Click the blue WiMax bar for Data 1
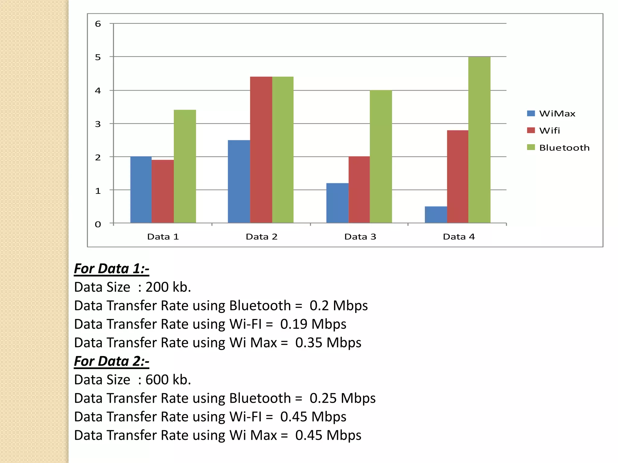click(141, 190)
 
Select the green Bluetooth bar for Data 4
click(479, 140)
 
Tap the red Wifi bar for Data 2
click(261, 150)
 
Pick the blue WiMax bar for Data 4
click(436, 215)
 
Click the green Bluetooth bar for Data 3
click(381, 157)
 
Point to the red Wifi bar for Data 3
click(359, 190)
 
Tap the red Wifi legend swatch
click(531, 131)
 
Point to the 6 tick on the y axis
click(98, 24)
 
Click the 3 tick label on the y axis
click(98, 124)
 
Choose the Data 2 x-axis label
click(261, 237)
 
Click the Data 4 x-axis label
click(459, 237)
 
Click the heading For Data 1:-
click(112, 269)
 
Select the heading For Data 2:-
click(112, 361)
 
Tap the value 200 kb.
click(168, 287)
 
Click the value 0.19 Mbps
click(313, 324)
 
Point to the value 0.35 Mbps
click(328, 343)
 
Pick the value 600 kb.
click(168, 380)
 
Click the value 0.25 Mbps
click(342, 398)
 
